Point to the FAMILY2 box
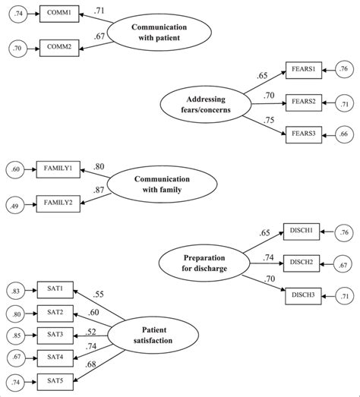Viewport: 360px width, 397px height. [x=58, y=203]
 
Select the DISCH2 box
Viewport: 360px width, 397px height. [x=302, y=262]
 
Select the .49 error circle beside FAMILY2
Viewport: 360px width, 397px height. [x=15, y=203]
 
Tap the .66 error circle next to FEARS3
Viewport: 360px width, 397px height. [x=345, y=134]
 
